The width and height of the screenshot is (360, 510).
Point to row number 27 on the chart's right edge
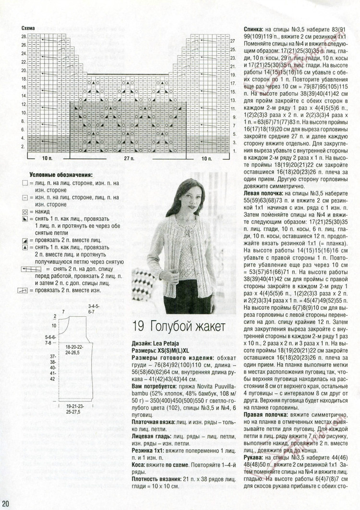tap(232, 41)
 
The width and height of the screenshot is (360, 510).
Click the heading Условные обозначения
tap(61, 175)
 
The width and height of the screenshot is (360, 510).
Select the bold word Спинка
tap(255, 28)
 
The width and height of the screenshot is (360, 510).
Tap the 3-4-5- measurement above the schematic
tap(94, 305)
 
